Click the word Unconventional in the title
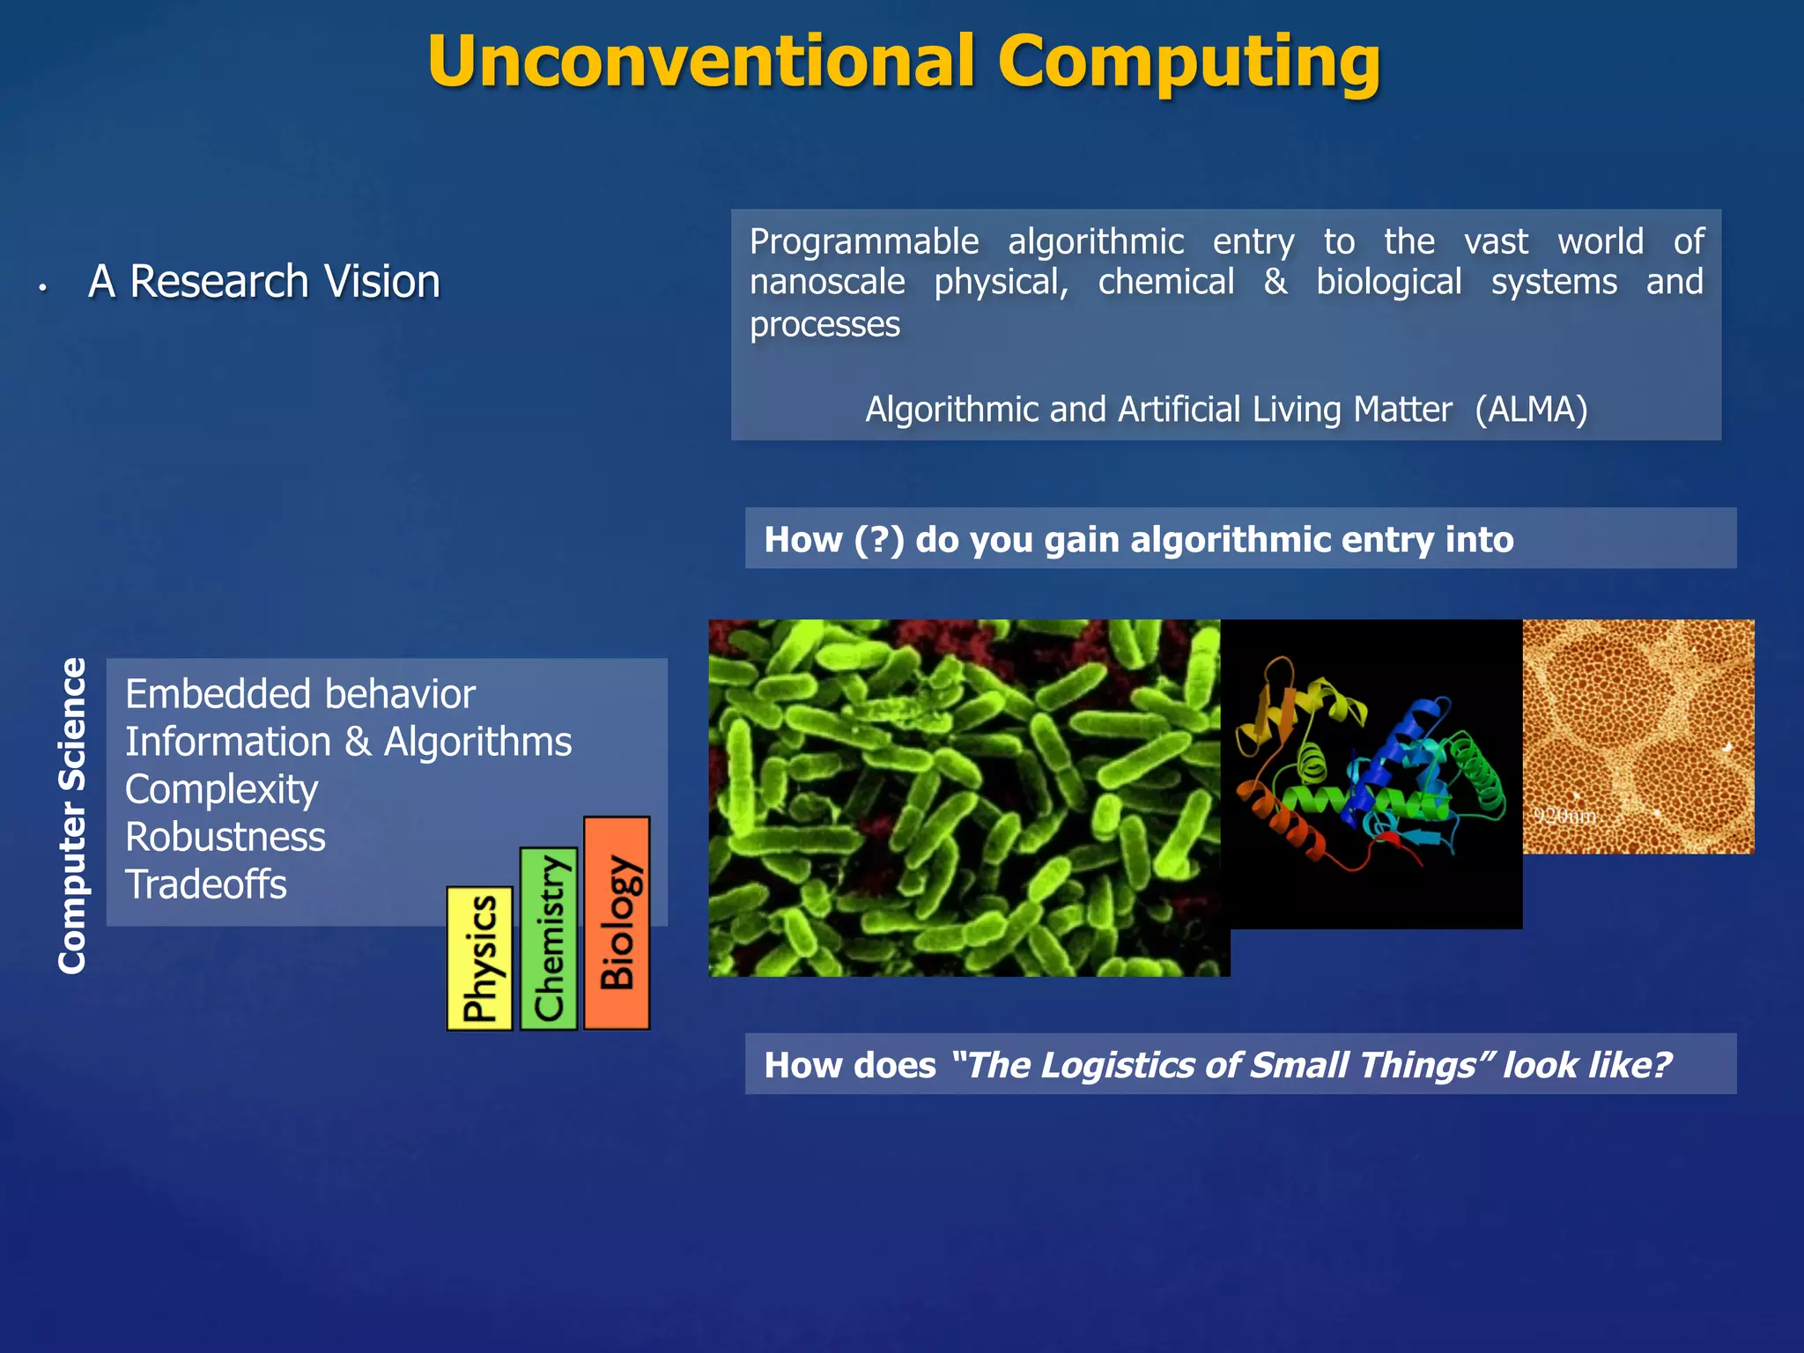pyautogui.click(x=701, y=62)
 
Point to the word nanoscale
pyautogui.click(x=826, y=283)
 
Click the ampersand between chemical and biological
pyautogui.click(x=1275, y=283)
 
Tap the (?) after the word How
pyautogui.click(x=878, y=540)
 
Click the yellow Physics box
pyautogui.click(x=479, y=958)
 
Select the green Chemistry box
pyautogui.click(x=549, y=938)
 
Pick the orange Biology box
pyautogui.click(x=617, y=922)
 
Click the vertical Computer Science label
pyautogui.click(x=72, y=815)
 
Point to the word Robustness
pyautogui.click(x=225, y=837)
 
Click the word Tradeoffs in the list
pyautogui.click(x=205, y=884)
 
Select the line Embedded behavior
pyautogui.click(x=299, y=694)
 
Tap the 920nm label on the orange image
pyautogui.click(x=1564, y=816)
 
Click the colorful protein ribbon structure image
pyautogui.click(x=1371, y=773)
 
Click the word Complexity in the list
pyautogui.click(x=221, y=789)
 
